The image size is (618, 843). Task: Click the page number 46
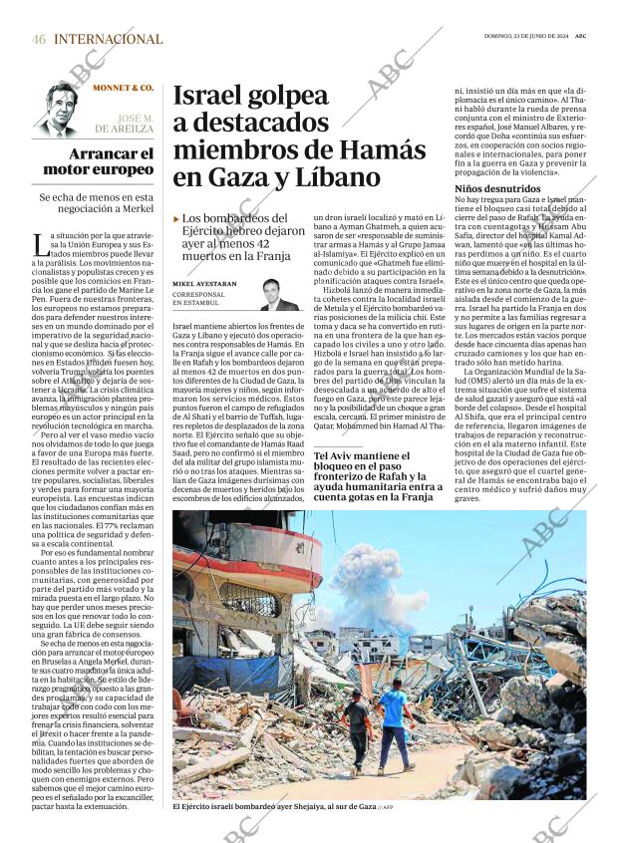click(x=39, y=39)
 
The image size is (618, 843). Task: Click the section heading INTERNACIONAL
click(x=108, y=39)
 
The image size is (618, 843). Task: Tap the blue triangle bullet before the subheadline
click(x=176, y=218)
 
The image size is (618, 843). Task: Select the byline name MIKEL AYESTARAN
click(x=205, y=284)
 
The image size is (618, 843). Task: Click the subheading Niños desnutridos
click(x=498, y=188)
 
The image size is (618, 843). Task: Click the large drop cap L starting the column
click(x=38, y=241)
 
